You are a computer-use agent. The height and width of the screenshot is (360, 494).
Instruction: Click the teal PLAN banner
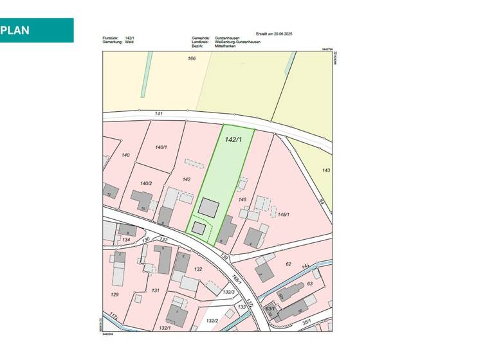(x=37, y=30)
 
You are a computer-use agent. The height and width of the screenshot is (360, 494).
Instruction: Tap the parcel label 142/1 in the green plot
(x=233, y=139)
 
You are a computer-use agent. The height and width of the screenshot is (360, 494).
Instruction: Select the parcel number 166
(x=191, y=59)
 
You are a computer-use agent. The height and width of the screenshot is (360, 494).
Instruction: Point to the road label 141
(x=159, y=114)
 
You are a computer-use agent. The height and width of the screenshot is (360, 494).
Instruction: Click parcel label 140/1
(x=161, y=147)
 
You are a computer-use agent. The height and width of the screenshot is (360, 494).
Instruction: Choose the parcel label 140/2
(x=145, y=183)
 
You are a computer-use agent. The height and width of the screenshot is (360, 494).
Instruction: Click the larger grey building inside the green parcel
(x=208, y=207)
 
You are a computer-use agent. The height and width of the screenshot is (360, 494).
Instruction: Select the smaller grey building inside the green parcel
(x=199, y=228)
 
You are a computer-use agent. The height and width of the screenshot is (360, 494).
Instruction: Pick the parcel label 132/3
(x=228, y=292)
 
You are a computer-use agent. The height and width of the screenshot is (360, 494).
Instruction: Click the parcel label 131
(x=155, y=290)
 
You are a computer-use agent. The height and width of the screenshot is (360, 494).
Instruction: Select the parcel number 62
(x=288, y=264)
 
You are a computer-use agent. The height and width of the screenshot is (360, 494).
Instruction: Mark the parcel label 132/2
(x=212, y=320)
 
